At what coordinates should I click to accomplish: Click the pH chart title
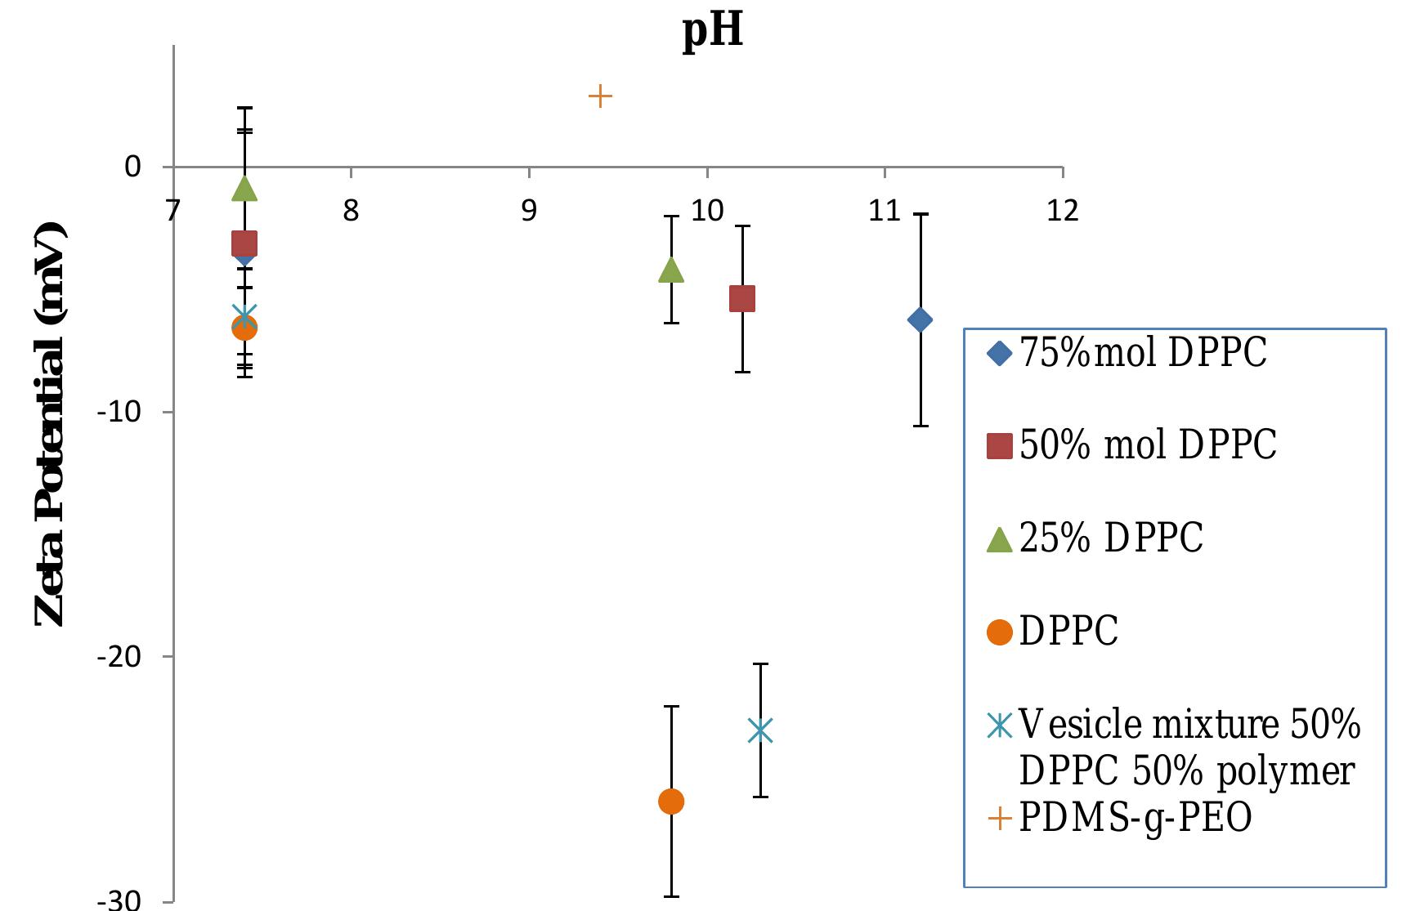point(713,30)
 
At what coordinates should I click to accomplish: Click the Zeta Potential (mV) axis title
point(51,423)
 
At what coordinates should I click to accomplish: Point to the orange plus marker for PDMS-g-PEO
point(600,96)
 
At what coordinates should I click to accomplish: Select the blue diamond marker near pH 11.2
point(920,319)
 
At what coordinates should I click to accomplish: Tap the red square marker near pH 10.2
point(741,299)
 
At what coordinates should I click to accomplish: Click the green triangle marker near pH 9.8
point(671,270)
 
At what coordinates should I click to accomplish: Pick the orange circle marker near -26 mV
point(671,802)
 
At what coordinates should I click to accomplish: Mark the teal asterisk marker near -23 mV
point(760,730)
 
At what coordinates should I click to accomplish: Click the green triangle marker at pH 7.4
point(244,189)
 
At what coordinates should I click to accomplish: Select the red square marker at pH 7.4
point(244,243)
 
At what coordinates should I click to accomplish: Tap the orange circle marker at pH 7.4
point(244,328)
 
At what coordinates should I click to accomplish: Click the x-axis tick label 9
point(529,212)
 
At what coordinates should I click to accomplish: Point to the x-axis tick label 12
point(1062,212)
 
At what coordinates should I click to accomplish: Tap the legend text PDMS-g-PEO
point(1135,818)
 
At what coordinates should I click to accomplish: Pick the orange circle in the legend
point(1000,632)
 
